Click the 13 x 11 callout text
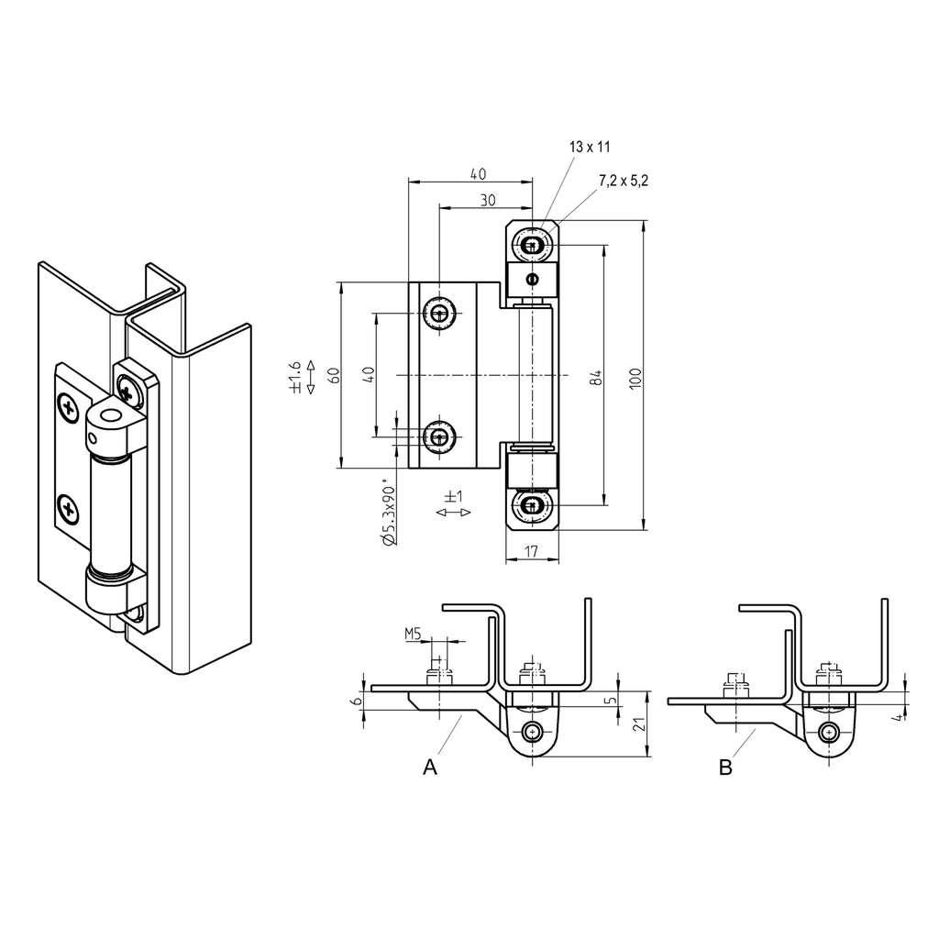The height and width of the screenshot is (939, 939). coord(590,147)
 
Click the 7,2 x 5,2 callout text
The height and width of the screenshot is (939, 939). coord(623,181)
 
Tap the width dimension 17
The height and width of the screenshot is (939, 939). coord(533,550)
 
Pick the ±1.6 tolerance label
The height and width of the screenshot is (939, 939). coord(296,377)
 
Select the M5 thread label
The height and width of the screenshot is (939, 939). coord(414,633)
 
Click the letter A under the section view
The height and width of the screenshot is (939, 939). coord(428,767)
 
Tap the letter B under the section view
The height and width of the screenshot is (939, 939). coord(725,768)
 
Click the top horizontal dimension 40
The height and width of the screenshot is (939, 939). coord(478,173)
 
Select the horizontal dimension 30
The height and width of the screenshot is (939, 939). coord(486,199)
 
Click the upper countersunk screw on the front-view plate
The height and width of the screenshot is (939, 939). coord(439,315)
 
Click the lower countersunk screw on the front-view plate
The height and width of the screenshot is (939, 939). coord(439,436)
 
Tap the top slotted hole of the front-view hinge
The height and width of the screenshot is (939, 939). coord(533,245)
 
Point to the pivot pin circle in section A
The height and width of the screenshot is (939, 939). coord(533,731)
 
